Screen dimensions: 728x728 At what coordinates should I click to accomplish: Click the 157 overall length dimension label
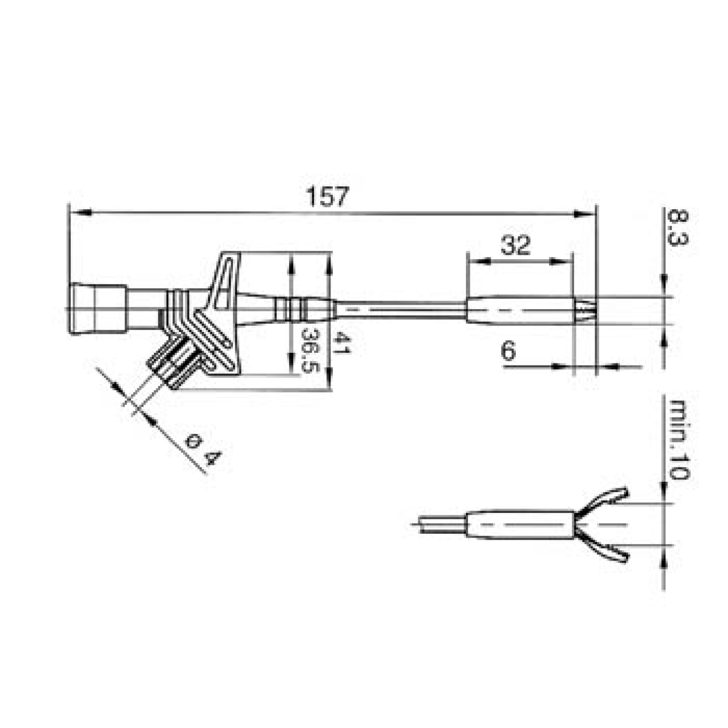(x=328, y=197)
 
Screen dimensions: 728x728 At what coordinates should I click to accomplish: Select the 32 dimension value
(x=515, y=245)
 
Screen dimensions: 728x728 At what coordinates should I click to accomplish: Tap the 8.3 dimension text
(x=677, y=228)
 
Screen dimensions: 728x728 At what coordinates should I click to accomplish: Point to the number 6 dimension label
(x=508, y=350)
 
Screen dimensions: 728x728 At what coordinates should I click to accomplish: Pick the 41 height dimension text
(x=343, y=343)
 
